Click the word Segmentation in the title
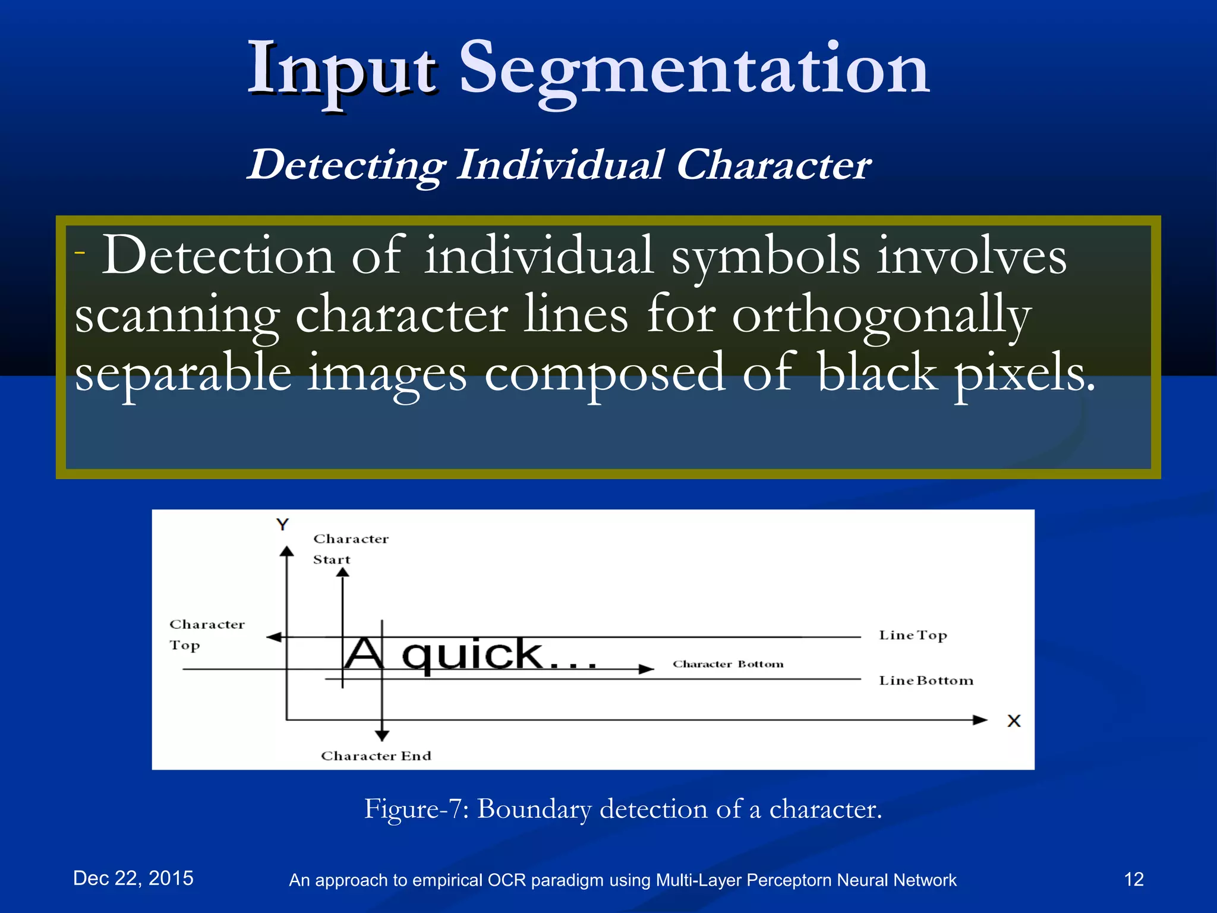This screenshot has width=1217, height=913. point(694,69)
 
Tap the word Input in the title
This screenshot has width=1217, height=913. point(343,70)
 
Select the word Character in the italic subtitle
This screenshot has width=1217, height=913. point(773,165)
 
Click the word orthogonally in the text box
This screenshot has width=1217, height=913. point(881,316)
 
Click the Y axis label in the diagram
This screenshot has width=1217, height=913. point(282,524)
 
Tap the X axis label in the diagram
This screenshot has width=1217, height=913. point(1014,721)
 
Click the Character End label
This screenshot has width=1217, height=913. point(376,755)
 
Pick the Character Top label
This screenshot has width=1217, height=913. point(206,634)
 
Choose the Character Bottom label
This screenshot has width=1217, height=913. point(727,664)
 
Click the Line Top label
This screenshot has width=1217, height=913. point(912,635)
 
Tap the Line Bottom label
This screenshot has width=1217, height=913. point(925,681)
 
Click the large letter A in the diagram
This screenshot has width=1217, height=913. point(364,653)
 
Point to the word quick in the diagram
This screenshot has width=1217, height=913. point(472,655)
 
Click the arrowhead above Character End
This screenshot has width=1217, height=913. point(382,735)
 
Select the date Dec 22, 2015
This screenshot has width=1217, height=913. point(133,878)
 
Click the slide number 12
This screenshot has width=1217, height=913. point(1134,879)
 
